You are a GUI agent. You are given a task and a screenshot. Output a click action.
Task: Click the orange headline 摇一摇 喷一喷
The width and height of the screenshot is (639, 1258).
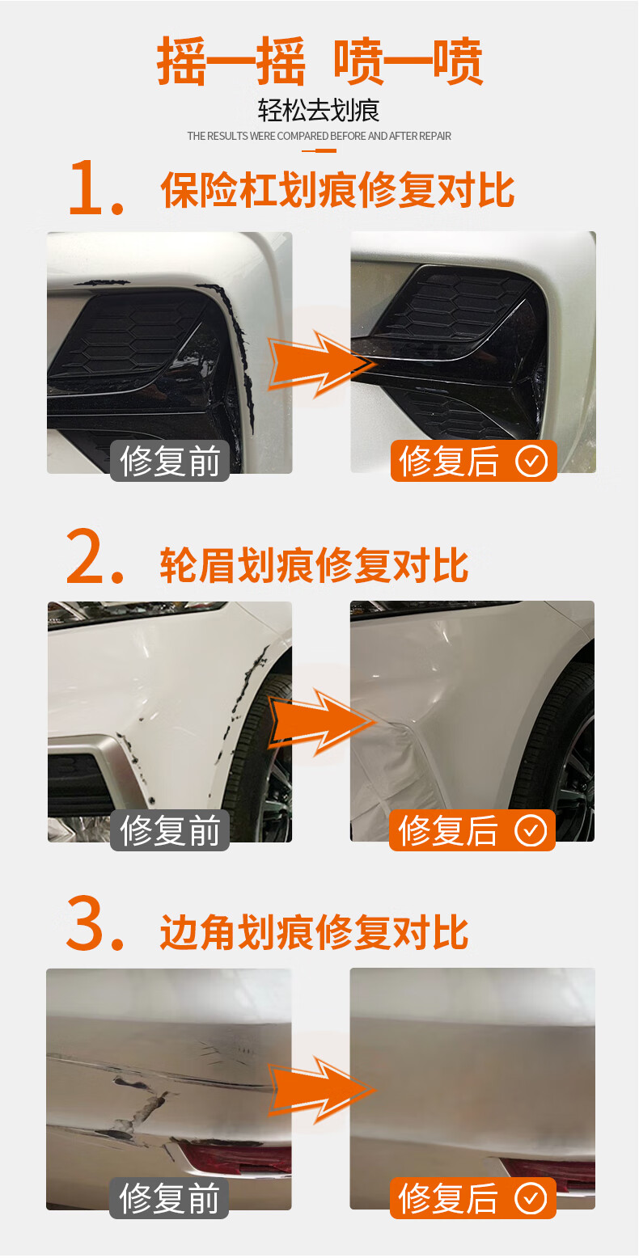319,61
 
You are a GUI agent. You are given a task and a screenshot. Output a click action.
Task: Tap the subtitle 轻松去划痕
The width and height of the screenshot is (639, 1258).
319,111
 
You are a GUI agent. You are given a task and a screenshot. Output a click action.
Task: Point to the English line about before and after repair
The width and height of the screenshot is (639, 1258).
319,136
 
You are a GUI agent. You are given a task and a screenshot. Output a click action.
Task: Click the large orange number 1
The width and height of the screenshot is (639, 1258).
95,188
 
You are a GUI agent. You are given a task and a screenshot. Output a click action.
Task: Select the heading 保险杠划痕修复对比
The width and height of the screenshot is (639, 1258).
337,190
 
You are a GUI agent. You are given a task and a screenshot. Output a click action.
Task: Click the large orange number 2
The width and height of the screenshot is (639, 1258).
95,555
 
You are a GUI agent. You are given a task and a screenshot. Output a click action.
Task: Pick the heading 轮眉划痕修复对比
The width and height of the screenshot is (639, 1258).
314,564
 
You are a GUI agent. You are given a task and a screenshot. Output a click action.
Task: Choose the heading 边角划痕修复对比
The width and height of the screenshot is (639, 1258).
314,931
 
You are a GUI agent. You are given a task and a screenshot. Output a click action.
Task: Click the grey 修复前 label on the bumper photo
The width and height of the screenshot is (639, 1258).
170,461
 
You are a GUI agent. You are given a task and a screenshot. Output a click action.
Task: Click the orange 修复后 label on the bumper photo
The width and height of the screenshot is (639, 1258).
474,461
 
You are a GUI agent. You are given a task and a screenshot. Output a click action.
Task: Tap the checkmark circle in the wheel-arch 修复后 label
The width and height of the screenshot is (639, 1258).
531,830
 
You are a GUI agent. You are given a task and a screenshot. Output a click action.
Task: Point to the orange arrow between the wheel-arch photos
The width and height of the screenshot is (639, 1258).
321,722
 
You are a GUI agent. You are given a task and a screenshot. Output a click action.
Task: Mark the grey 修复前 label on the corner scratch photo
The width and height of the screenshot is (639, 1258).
169,1198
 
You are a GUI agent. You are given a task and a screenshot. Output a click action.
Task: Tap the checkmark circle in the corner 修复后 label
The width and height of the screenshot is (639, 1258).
531,1198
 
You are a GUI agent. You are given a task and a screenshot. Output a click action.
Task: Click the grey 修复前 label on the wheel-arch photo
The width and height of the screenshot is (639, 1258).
170,830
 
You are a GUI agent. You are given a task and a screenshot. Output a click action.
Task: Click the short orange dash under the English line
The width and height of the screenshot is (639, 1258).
319,150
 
